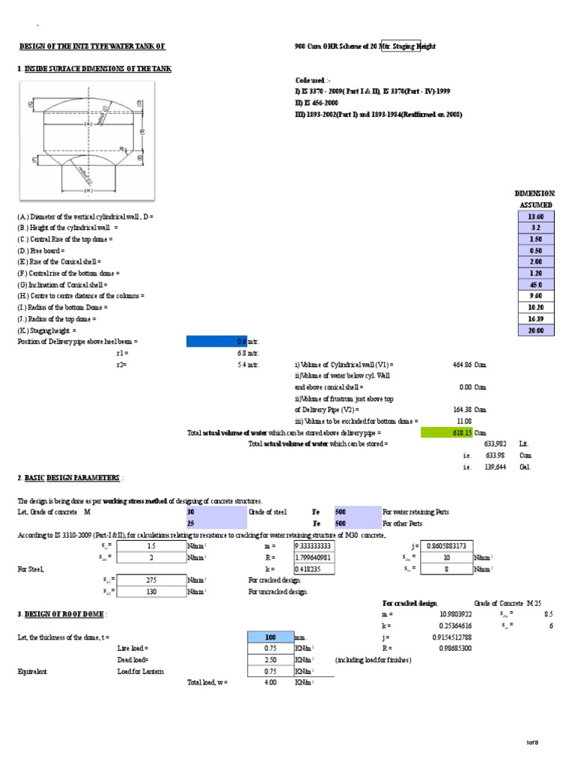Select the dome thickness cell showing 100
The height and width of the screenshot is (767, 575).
(270, 637)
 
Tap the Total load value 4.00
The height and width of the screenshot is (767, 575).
(270, 682)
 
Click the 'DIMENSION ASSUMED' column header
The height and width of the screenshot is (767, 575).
(535, 198)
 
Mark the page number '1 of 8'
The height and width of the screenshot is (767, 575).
(532, 742)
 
